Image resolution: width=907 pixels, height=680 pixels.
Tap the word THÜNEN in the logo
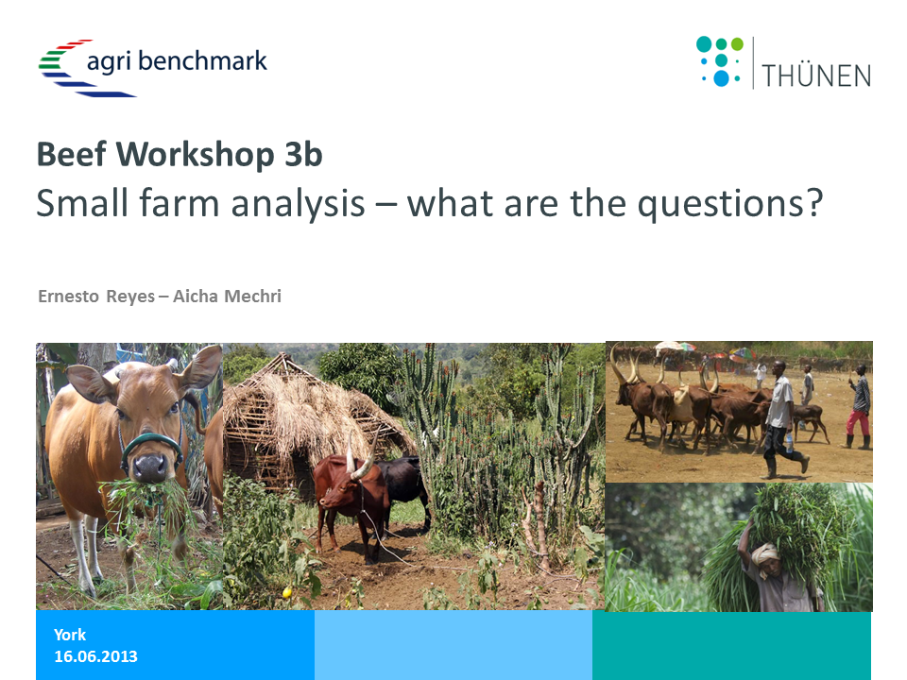816,76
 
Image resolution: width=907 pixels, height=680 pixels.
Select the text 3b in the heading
303,154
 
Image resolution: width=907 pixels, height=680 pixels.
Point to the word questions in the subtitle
730,204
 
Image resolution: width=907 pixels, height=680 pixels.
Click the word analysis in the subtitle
298,204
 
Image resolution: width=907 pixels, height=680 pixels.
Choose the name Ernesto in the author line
69,296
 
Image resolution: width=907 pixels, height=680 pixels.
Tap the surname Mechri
252,296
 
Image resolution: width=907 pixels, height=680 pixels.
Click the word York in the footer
70,635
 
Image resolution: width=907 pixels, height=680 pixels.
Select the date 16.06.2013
96,656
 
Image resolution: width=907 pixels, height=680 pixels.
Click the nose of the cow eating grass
150,466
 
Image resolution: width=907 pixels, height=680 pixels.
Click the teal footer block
731,645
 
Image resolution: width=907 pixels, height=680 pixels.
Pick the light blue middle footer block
453,645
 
